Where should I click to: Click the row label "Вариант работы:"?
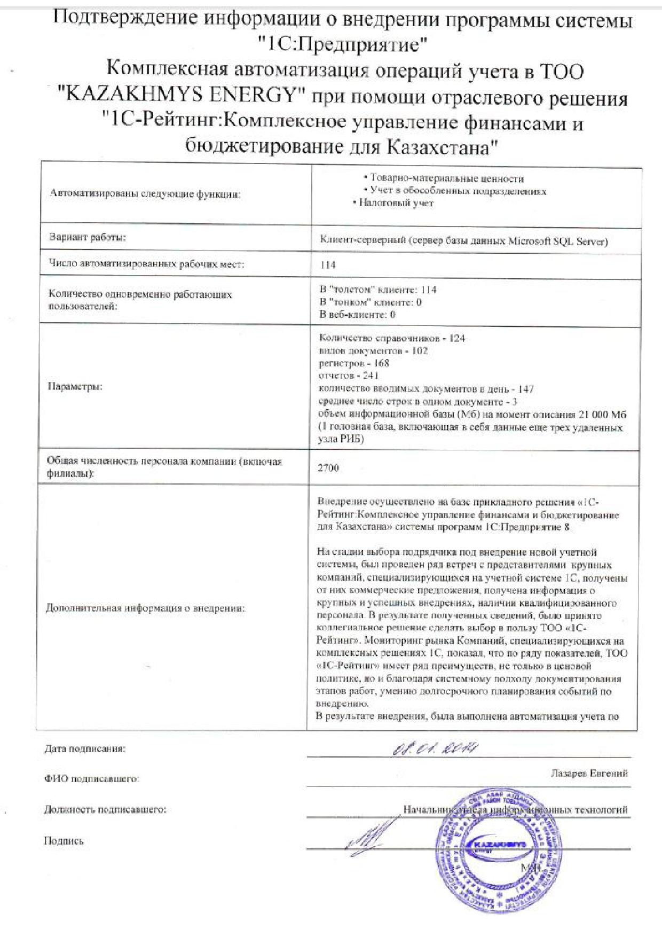pyautogui.click(x=88, y=238)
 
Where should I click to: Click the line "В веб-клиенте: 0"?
pyautogui.click(x=357, y=314)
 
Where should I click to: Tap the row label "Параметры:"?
pyautogui.click(x=75, y=387)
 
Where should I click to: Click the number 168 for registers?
pyautogui.click(x=381, y=363)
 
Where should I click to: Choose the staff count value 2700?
pyautogui.click(x=328, y=468)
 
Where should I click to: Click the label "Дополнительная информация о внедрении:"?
pyautogui.click(x=146, y=608)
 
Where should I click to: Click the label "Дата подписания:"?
pyautogui.click(x=85, y=749)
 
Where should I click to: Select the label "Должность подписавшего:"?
pyautogui.click(x=105, y=809)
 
